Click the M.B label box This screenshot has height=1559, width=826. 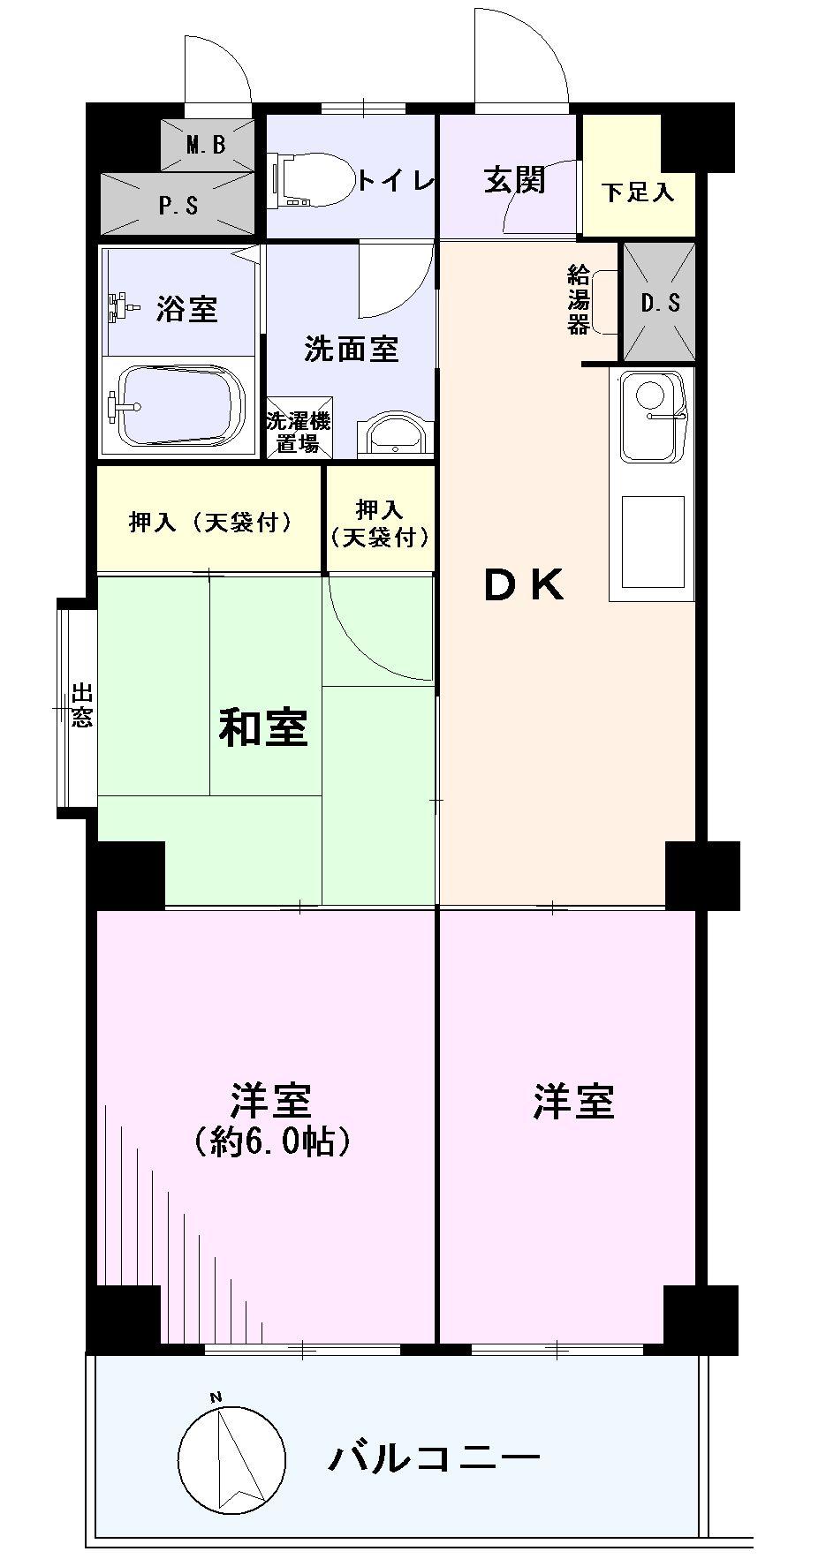(207, 144)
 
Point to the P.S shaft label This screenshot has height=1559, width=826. (178, 205)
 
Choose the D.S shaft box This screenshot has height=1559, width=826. (659, 303)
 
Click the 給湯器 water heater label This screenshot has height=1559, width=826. (579, 301)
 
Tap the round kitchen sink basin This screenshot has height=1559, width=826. (651, 393)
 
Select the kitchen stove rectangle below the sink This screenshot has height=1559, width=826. (653, 541)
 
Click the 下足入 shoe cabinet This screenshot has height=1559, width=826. (637, 192)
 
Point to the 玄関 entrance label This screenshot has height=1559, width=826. (514, 180)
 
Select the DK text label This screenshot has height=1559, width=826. (524, 585)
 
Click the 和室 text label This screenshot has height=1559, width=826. (263, 728)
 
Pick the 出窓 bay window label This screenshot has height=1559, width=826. (81, 705)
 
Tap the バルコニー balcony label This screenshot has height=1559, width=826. (433, 1457)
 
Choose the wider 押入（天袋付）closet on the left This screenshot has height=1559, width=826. (209, 523)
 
